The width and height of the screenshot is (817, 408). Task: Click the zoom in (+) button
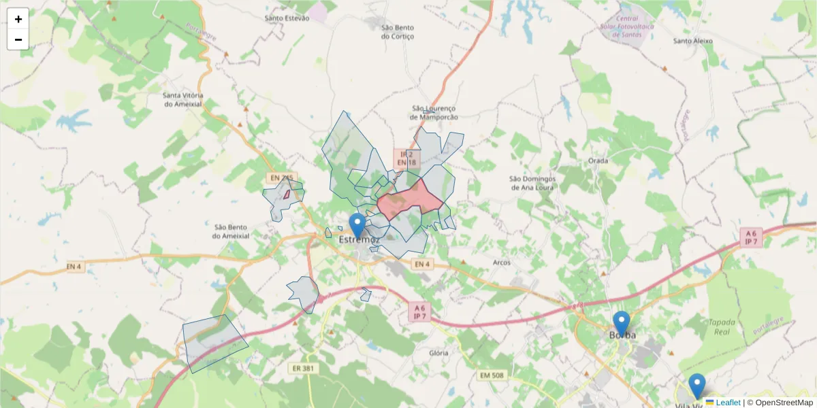pos(18,19)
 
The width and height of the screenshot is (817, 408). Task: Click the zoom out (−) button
pos(18,39)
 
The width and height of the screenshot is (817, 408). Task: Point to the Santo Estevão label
pos(287,18)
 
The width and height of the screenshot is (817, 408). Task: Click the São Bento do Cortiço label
pos(398,32)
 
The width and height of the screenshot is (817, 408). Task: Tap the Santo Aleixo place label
pos(692,41)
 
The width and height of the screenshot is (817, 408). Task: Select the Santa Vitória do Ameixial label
pos(183,99)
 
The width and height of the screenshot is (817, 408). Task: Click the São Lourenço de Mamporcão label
pos(434,112)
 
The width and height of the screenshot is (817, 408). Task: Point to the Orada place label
pos(598,161)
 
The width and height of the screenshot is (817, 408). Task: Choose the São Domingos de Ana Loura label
pos(532,183)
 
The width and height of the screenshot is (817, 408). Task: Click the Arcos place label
pos(501,262)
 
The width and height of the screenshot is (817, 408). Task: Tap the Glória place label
pos(439,353)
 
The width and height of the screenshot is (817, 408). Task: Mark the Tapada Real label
pos(721,327)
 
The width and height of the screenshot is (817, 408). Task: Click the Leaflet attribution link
pos(727,403)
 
